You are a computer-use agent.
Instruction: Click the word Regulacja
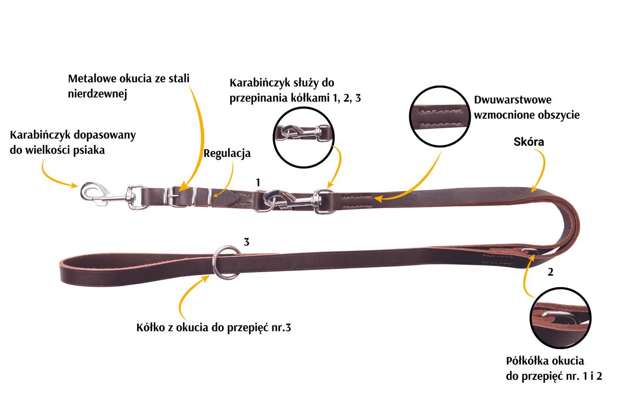(227, 154)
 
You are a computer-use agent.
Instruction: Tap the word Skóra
(529, 142)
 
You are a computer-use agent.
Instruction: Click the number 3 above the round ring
(246, 242)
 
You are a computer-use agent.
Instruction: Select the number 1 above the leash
(258, 182)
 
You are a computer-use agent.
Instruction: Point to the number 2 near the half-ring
(550, 272)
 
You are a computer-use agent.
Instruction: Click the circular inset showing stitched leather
(440, 116)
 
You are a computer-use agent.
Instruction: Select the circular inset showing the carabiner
(304, 137)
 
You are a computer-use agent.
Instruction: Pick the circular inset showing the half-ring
(560, 318)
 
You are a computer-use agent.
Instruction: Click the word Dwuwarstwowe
(513, 100)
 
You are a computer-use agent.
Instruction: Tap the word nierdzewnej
(97, 94)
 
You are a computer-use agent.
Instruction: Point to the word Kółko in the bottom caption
(150, 327)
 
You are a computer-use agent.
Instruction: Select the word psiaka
(89, 150)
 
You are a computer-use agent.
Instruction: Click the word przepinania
(258, 98)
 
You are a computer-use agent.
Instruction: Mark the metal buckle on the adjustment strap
(173, 197)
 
